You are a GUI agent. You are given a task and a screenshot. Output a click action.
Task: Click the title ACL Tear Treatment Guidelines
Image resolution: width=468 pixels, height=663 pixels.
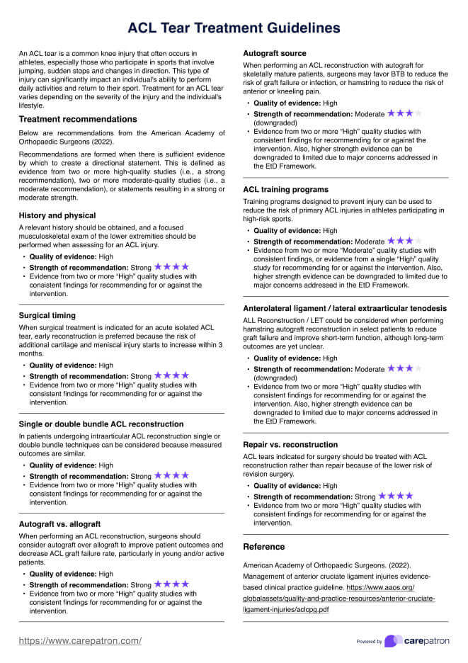[234, 28]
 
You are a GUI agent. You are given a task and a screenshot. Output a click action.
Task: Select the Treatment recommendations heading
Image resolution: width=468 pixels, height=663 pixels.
[78, 119]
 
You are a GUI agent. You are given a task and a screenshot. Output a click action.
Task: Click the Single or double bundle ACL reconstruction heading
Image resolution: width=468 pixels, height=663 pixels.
[101, 424]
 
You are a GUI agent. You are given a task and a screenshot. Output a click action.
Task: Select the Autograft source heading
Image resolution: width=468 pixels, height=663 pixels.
[275, 53]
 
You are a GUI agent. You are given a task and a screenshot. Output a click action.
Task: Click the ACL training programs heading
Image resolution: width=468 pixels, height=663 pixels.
[285, 190]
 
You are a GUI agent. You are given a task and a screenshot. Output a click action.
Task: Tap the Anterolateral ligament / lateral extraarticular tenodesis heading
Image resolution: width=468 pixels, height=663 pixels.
[345, 309]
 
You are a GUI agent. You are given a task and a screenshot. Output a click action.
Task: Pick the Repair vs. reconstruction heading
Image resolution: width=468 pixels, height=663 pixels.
[290, 445]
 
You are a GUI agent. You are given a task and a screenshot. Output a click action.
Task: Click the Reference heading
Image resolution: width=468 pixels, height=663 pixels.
[264, 547]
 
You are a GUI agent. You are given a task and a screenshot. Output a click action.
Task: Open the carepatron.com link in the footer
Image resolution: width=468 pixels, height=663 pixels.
[79, 640]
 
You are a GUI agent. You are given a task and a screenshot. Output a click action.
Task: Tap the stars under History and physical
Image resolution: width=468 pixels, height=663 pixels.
[171, 267]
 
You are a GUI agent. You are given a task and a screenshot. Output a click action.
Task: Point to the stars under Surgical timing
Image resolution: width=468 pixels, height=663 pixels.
[171, 375]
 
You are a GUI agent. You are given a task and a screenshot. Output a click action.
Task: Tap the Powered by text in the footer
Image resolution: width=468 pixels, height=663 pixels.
[370, 642]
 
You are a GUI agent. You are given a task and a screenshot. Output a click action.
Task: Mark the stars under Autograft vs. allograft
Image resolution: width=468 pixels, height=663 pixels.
[171, 584]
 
